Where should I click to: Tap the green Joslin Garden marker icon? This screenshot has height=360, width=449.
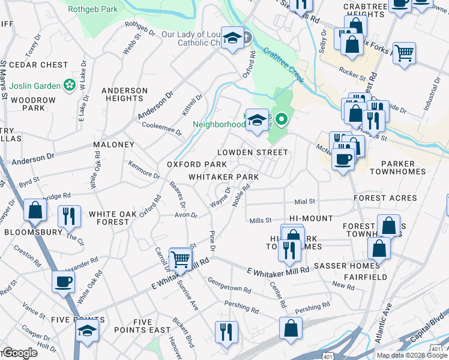coord(70,84)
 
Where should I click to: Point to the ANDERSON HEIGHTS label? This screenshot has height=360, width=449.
coord(124,94)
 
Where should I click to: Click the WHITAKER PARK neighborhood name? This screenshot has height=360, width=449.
coord(223,177)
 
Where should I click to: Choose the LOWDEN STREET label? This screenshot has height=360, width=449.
coord(252,152)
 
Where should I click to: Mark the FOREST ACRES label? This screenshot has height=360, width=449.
coord(385,198)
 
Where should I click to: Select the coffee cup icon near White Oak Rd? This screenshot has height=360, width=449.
coord(62,281)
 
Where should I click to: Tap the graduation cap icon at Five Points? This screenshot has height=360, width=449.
coord(87,330)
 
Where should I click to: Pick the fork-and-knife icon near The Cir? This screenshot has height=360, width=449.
coord(69,217)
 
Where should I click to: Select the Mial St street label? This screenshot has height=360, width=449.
coord(304,202)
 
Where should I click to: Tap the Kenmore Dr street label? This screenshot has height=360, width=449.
coord(144,169)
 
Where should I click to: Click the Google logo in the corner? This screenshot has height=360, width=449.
coord(19,353)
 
